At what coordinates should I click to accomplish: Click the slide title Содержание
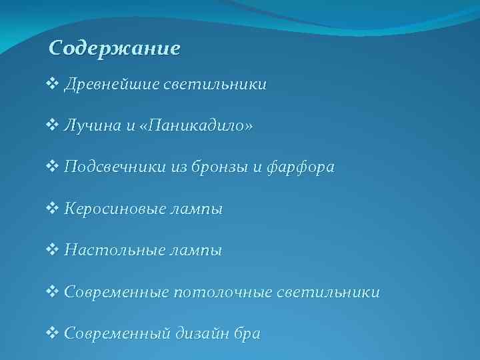click(x=115, y=49)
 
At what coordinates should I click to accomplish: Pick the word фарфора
click(x=297, y=168)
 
